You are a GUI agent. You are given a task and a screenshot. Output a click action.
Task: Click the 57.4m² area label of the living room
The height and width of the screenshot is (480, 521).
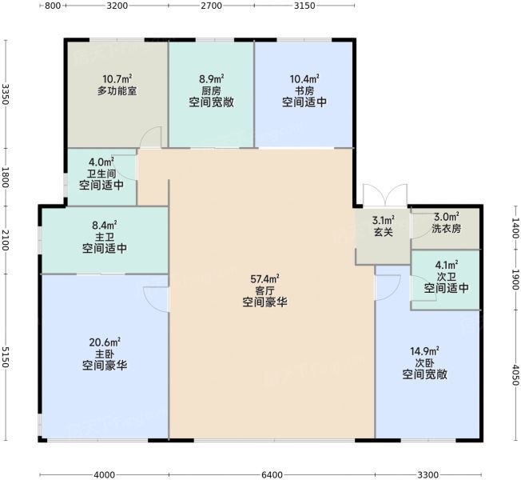click(x=264, y=278)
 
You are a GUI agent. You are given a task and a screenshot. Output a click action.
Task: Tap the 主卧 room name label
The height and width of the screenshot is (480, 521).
click(x=105, y=354)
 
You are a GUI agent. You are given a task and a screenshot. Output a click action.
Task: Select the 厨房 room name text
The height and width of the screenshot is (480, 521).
click(x=211, y=90)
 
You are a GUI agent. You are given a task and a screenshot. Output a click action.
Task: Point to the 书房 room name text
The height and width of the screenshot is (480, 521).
click(x=304, y=90)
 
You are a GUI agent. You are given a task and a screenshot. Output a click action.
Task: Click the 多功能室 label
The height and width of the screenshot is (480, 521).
click(x=117, y=90)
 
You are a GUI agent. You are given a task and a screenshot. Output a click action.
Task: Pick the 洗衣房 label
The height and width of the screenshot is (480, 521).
click(x=446, y=229)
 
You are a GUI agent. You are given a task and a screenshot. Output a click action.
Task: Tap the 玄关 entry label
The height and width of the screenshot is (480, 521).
click(x=384, y=232)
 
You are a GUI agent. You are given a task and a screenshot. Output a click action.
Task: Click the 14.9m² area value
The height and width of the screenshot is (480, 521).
click(x=424, y=351)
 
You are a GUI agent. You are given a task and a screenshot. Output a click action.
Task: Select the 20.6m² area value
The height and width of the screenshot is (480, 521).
click(x=105, y=342)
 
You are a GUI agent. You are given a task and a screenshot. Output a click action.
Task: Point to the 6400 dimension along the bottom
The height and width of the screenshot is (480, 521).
click(x=272, y=474)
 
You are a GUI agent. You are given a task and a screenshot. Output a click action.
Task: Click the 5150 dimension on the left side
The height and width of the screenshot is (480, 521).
click(x=5, y=358)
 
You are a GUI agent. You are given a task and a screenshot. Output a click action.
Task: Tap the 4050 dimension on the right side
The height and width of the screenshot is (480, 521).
click(x=515, y=375)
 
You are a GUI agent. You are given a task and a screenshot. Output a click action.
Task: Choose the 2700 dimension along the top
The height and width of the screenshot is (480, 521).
click(x=212, y=6)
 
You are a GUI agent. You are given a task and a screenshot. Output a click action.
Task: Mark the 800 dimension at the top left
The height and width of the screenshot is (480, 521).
click(x=53, y=6)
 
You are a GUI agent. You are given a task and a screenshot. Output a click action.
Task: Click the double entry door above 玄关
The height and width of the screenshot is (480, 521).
click(x=385, y=195)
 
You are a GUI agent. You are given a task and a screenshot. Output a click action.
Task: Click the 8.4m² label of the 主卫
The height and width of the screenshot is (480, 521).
click(x=105, y=226)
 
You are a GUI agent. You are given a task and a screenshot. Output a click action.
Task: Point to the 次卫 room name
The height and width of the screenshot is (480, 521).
click(x=446, y=277)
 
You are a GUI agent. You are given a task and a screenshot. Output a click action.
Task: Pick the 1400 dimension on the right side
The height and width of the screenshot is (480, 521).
click(x=515, y=228)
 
